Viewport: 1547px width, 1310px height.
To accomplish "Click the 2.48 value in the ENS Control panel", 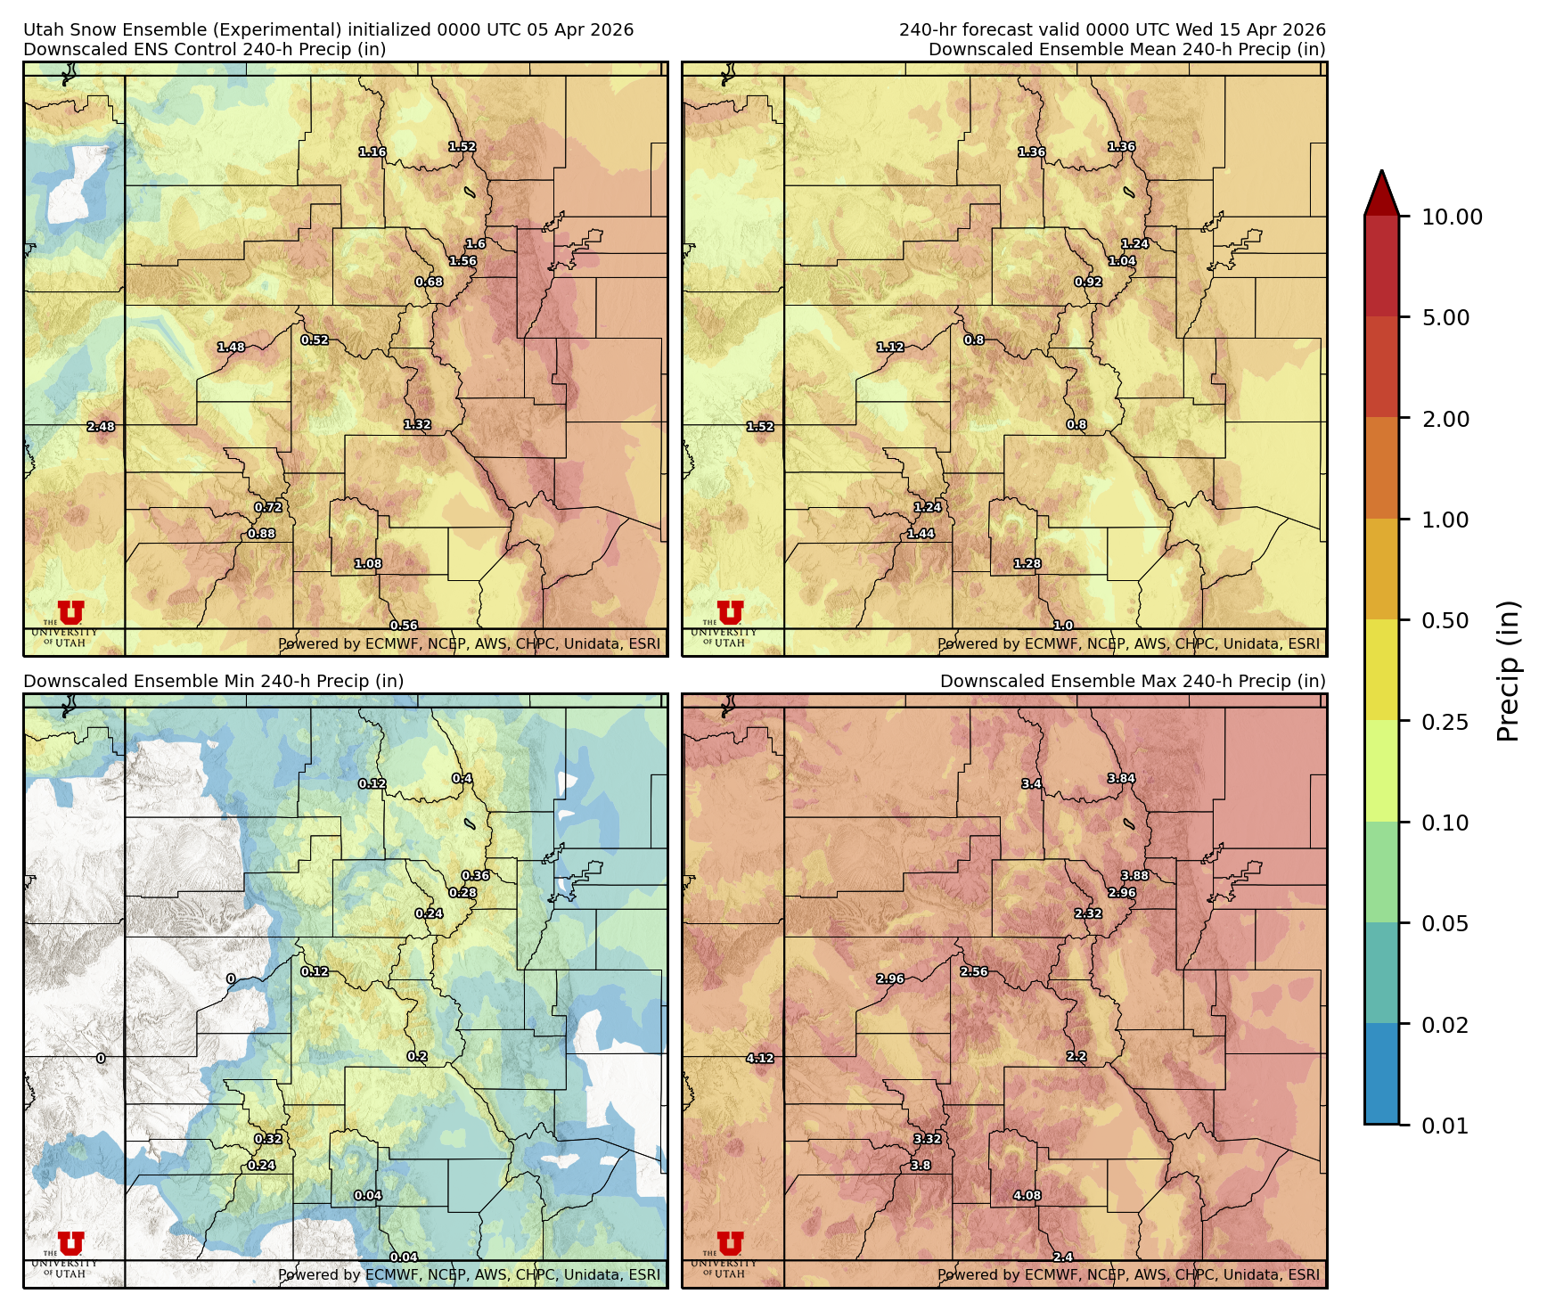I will (x=101, y=427).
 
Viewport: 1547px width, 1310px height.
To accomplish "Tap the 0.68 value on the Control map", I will (x=429, y=282).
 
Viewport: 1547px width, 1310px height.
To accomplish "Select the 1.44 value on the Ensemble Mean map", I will (x=921, y=534).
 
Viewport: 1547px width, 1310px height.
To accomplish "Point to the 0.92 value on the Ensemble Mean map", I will (x=1088, y=282).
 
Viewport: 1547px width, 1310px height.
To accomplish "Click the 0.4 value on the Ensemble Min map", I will (x=462, y=779).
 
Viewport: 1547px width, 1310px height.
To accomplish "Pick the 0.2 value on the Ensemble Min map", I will (x=417, y=1057).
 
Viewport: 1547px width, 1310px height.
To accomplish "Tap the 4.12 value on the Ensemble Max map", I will (x=760, y=1059).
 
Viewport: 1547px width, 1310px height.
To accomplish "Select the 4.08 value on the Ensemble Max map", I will (x=1027, y=1196).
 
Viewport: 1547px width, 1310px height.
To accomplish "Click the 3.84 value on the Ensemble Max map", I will (x=1121, y=779).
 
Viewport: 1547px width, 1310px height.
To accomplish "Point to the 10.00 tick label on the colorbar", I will (x=1452, y=217).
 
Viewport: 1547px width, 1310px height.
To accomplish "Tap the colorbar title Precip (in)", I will (x=1508, y=671).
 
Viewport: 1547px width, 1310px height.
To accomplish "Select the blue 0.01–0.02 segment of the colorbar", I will (x=1381, y=1074).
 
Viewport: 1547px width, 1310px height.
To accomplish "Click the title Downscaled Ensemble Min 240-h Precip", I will (x=213, y=682).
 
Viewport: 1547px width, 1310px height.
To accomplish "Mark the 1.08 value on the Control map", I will (x=368, y=564).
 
